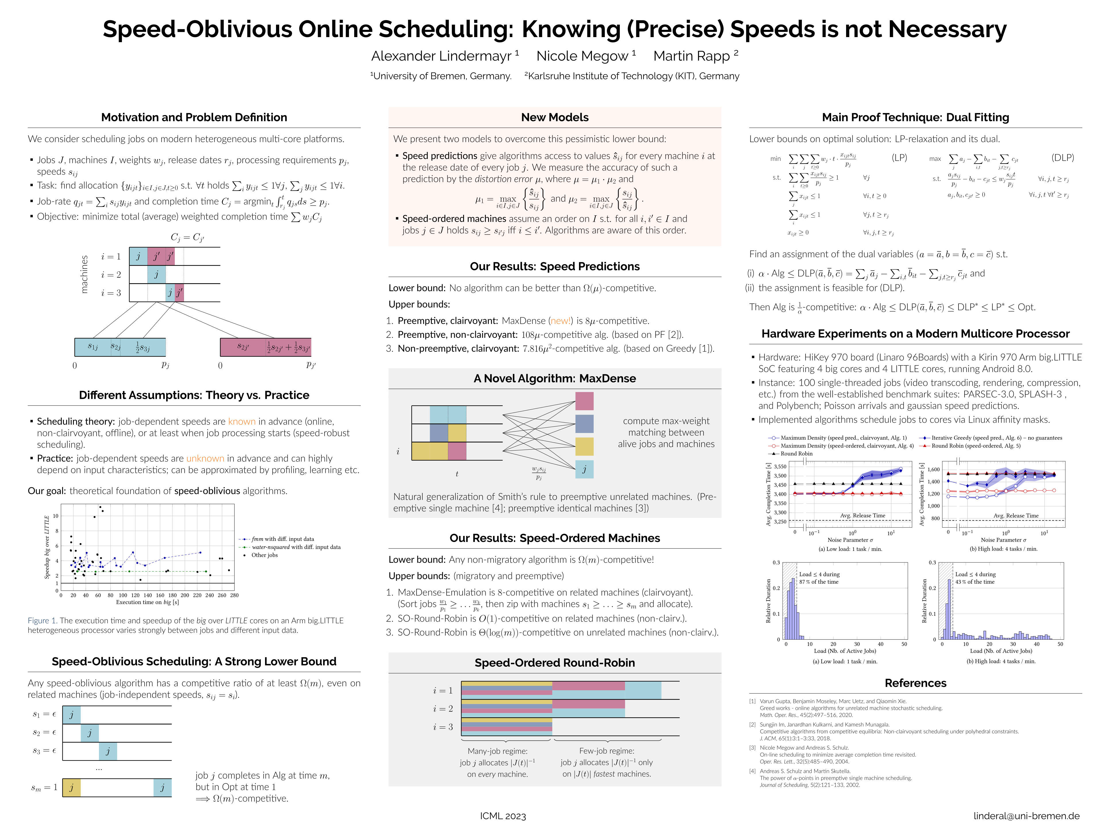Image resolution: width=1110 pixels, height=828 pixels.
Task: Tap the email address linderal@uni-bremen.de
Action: click(1026, 815)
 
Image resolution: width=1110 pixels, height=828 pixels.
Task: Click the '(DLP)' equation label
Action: click(1062, 157)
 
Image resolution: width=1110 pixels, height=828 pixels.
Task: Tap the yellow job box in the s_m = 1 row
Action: click(72, 787)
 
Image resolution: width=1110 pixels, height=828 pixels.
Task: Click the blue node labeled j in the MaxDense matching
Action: click(584, 469)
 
